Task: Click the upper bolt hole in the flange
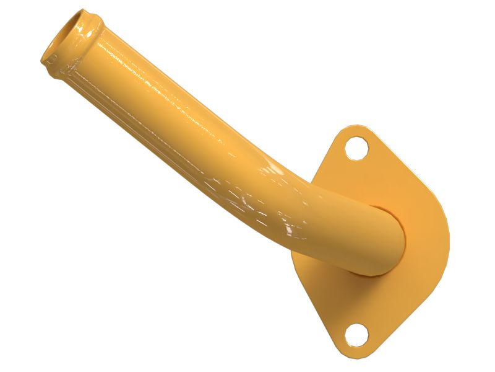[357, 149]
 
